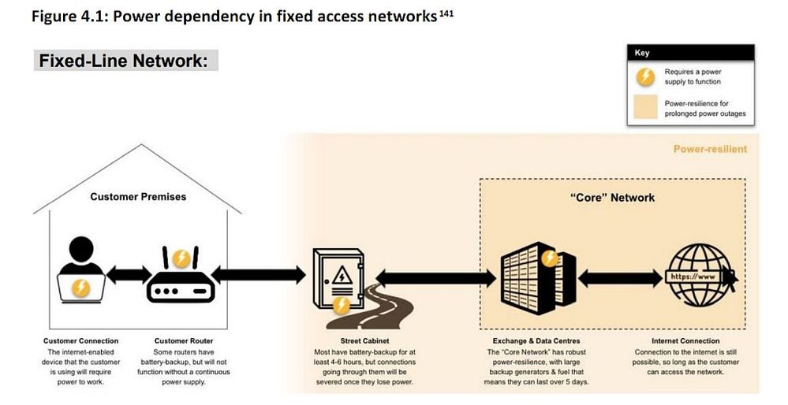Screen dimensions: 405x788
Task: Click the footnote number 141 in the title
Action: (446, 13)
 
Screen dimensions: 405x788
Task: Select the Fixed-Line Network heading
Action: (125, 61)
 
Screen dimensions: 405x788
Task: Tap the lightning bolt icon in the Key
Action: (645, 76)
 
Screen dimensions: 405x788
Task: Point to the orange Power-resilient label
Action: (709, 148)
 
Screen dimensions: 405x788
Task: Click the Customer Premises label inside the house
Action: (138, 196)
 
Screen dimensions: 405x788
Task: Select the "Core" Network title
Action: (611, 197)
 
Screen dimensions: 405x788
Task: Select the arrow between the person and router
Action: (129, 276)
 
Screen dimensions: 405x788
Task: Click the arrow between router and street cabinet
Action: (259, 275)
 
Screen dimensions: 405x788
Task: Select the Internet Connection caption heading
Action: (685, 341)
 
